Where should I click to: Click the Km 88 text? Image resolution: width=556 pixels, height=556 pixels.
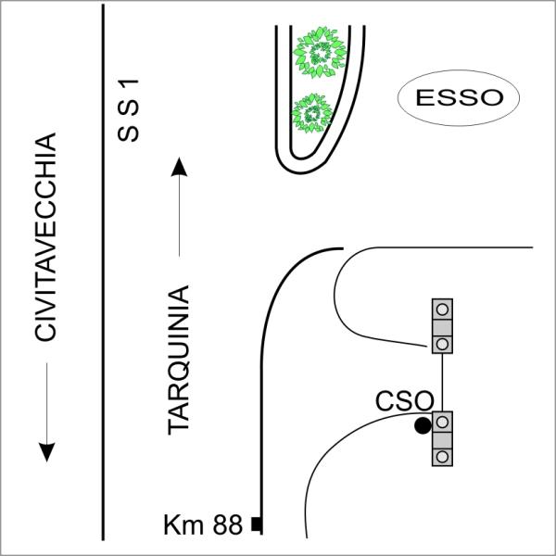point(204,526)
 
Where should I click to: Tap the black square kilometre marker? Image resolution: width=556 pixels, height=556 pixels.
point(256,526)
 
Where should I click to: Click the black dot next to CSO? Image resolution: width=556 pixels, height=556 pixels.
point(423,425)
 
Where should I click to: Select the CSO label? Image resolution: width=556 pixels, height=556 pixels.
point(405,401)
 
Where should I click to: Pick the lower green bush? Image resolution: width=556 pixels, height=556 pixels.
point(310,115)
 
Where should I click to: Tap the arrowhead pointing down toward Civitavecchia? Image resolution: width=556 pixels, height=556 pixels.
point(47,450)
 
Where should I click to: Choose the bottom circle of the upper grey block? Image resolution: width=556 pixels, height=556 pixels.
point(443,343)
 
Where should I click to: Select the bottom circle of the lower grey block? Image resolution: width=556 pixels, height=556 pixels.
point(443,456)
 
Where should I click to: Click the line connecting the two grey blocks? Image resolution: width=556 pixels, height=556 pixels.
point(443,382)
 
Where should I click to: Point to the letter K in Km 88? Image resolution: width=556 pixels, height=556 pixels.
point(171,526)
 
